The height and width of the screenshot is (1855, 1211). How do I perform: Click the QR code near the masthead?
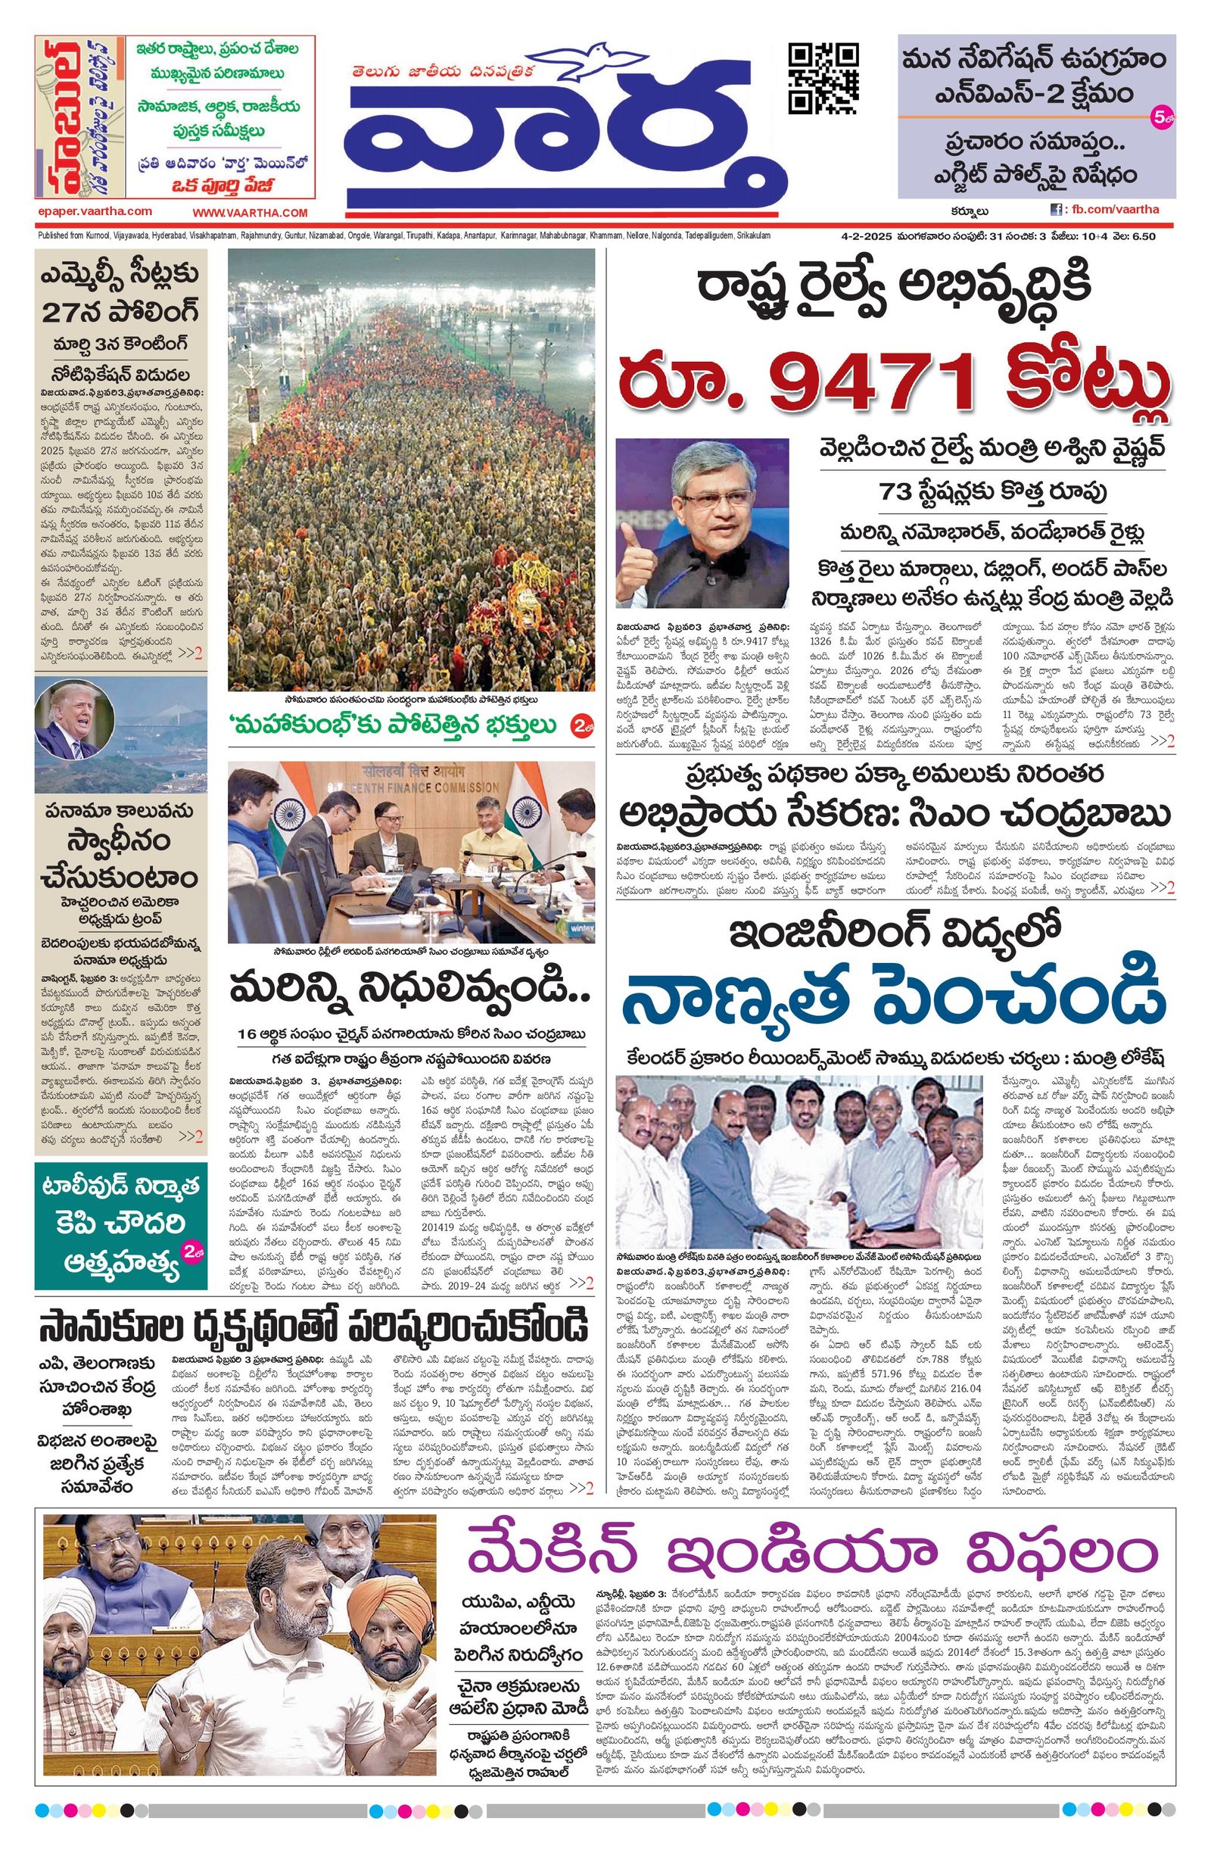click(823, 79)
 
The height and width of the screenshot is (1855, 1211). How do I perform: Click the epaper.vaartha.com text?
click(95, 211)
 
